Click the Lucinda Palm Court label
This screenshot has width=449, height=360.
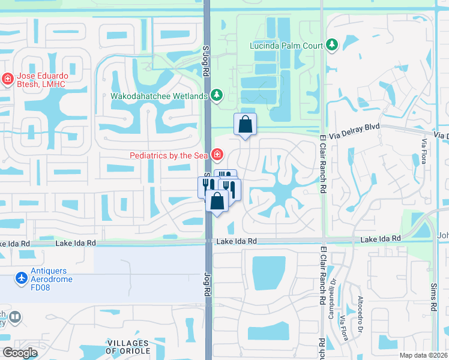pyautogui.click(x=286, y=45)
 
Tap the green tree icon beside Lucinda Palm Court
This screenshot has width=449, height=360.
pyautogui.click(x=332, y=44)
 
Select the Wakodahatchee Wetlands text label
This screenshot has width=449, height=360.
pyautogui.click(x=158, y=95)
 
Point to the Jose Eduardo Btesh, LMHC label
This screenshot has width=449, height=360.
pyautogui.click(x=41, y=80)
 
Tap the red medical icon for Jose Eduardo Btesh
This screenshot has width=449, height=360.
pyautogui.click(x=7, y=79)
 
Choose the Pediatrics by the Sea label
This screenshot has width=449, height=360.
pyautogui.click(x=169, y=155)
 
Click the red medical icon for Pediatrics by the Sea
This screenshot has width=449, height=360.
pyautogui.click(x=216, y=155)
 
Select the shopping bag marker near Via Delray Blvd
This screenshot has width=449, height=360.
pyautogui.click(x=245, y=125)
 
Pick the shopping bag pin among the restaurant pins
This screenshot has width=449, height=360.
pyautogui.click(x=217, y=202)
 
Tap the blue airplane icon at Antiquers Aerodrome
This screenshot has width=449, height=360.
pyautogui.click(x=22, y=278)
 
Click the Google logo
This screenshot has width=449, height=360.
pyautogui.click(x=20, y=353)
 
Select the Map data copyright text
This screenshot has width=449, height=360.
pyautogui.click(x=424, y=355)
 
